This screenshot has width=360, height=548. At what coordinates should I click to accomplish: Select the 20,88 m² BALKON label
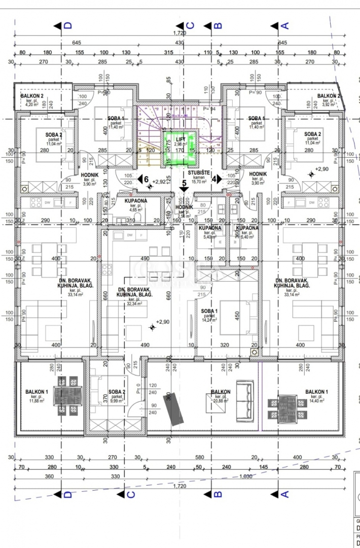[x=221, y=392]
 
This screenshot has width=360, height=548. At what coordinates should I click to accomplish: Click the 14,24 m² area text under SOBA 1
[x=208, y=320]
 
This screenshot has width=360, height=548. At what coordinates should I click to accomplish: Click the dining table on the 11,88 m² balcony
[x=67, y=395]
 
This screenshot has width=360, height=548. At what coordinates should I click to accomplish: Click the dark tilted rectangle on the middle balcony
[x=174, y=409]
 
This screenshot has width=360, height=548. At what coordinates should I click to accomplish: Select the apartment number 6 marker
[x=146, y=179]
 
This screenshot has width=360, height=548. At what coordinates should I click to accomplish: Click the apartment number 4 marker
[x=214, y=179]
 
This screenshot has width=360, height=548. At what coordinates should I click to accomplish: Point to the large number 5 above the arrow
[x=184, y=183]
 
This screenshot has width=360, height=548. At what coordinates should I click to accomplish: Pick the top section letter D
[x=68, y=25]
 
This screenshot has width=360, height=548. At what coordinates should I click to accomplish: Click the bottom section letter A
[x=284, y=494]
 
